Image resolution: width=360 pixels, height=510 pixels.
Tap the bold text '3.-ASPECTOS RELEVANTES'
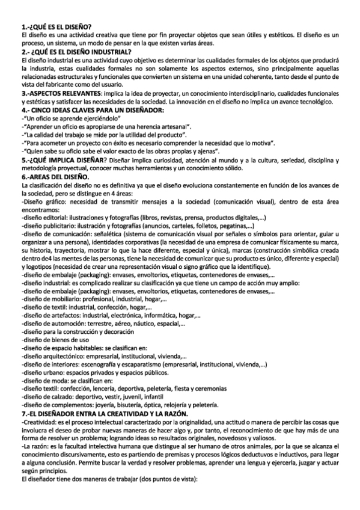59,96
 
